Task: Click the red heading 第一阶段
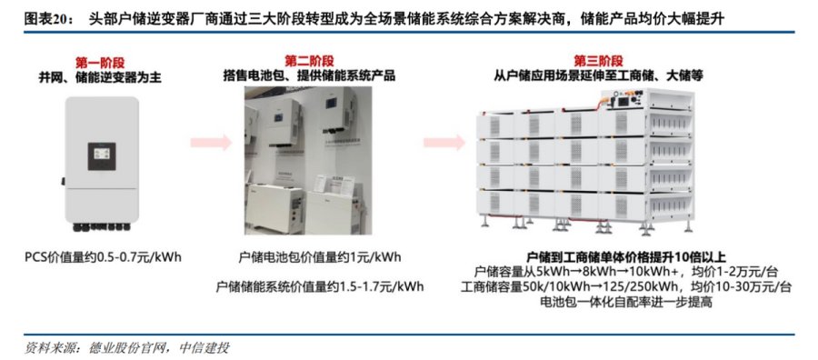point(100,63)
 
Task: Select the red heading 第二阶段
point(309,61)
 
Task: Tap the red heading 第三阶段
point(598,61)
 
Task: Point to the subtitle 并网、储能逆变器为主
point(100,78)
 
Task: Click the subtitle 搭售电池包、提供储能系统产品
point(309,75)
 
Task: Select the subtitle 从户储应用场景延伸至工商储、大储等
point(598,75)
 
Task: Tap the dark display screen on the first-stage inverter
point(101,156)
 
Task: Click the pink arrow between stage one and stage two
point(211,142)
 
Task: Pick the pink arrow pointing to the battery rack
point(444,142)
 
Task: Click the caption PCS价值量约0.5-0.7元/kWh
point(104,257)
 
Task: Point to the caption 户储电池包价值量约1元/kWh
point(319,257)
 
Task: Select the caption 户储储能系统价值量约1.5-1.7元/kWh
point(319,286)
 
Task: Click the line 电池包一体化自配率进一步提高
point(626,302)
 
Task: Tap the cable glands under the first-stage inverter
point(102,227)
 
